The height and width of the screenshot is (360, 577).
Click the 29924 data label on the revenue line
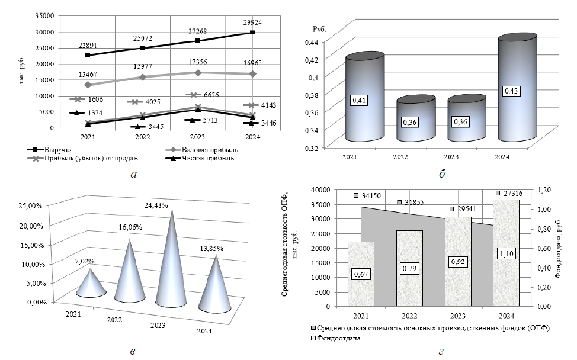coord(252,22)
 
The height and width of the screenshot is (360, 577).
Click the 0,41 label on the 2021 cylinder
coord(360,101)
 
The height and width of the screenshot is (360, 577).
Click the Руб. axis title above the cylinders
coord(320,29)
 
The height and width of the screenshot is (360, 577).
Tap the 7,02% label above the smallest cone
coord(85,261)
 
